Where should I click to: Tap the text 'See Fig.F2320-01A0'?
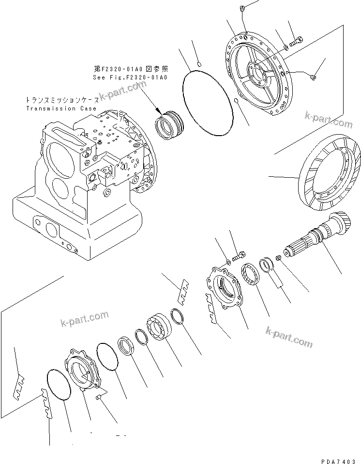click(130, 77)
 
